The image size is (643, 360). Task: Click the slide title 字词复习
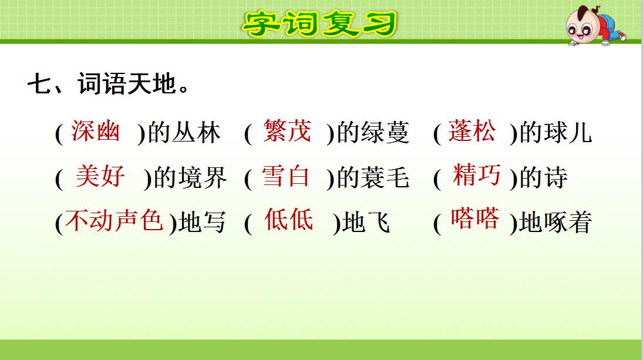(320, 23)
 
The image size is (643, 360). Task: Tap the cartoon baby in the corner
(594, 26)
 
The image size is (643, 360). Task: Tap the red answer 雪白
(286, 176)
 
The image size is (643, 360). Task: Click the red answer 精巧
(477, 176)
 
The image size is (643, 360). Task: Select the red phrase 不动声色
(114, 221)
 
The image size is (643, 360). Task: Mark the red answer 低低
(289, 220)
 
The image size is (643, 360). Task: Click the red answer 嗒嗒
(474, 219)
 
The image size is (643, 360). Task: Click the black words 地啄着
(555, 224)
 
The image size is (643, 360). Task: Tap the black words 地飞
(366, 224)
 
